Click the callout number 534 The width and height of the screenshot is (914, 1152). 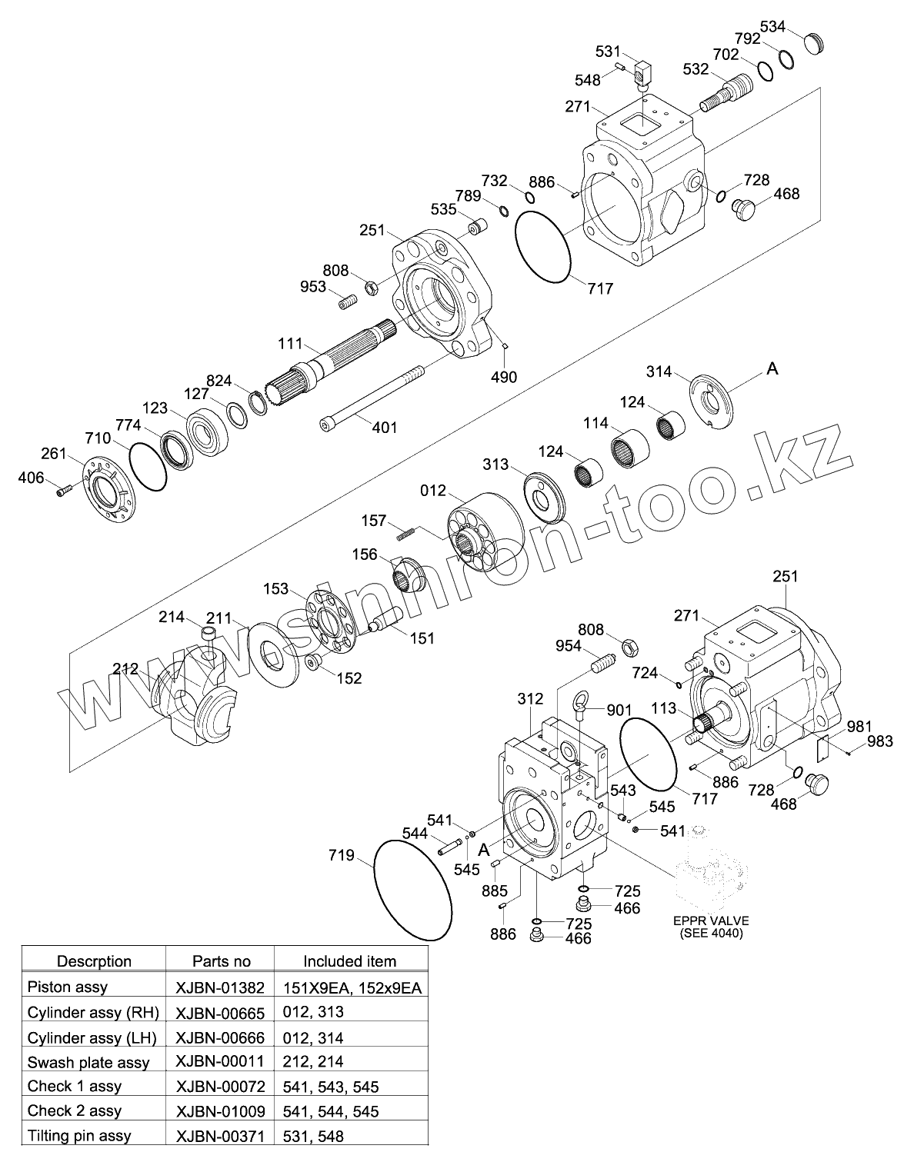pos(772,27)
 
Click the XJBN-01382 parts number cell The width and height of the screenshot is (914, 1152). pos(220,987)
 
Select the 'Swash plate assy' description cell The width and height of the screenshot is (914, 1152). pos(88,1062)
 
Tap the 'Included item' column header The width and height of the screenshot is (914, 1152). pos(349,961)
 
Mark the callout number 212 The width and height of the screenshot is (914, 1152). pos(125,668)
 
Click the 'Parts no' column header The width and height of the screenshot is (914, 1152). pos(222,961)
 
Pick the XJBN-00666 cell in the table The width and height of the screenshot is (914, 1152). pos(220,1037)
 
